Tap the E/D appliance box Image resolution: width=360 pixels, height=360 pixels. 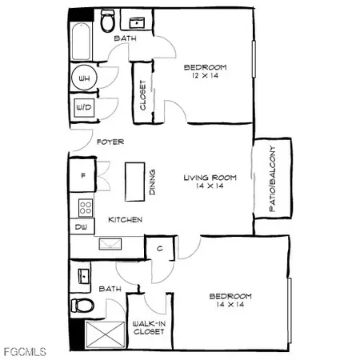(x=83, y=107)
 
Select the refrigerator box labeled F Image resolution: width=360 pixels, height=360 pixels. (x=82, y=172)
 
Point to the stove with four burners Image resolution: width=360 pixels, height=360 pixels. (x=85, y=207)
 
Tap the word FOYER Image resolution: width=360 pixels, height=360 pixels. (x=110, y=142)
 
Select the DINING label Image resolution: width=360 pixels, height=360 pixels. (x=152, y=183)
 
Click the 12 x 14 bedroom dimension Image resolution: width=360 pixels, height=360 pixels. (x=205, y=76)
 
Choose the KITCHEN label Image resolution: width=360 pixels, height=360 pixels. (x=126, y=219)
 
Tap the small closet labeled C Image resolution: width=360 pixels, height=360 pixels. (x=160, y=248)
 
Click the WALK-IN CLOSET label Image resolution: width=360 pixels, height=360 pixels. (x=149, y=327)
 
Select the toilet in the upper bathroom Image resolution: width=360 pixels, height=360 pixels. (x=107, y=20)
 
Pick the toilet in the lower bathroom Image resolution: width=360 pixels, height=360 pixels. (x=82, y=305)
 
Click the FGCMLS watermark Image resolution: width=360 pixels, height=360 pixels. (x=25, y=351)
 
